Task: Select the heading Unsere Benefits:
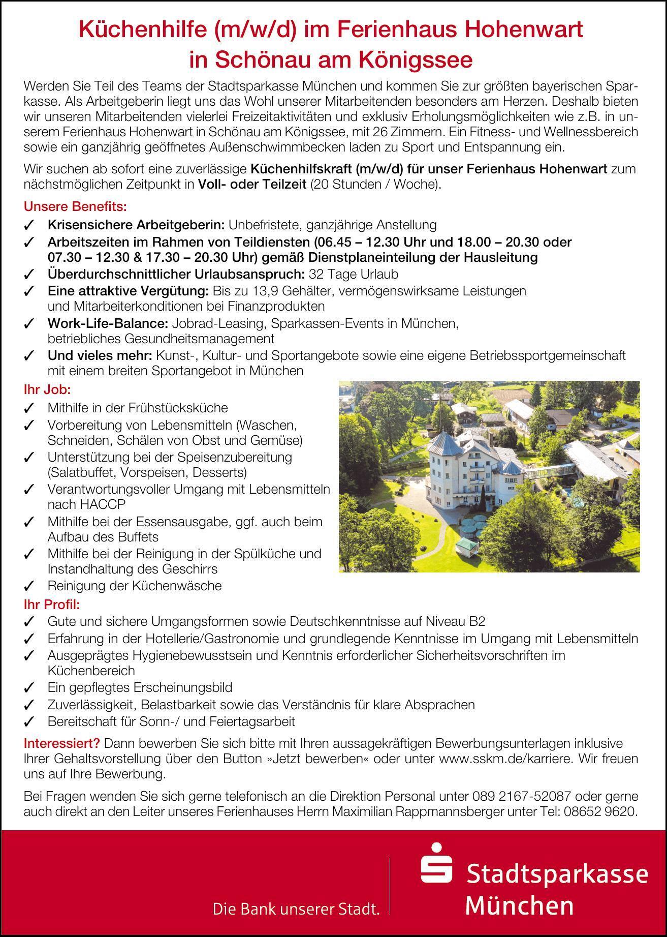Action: pos(75,207)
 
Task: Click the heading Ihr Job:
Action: pos(47,390)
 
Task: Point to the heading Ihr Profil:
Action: pos(52,604)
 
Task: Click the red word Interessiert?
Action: pos(62,743)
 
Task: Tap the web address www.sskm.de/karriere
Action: pos(507,759)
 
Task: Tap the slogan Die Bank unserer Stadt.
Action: pos(296,909)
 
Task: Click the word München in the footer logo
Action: pos(519,905)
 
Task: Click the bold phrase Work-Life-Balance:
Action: pos(108,323)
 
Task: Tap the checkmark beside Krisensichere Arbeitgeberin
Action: pos(29,225)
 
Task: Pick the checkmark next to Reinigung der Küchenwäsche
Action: pos(29,586)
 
